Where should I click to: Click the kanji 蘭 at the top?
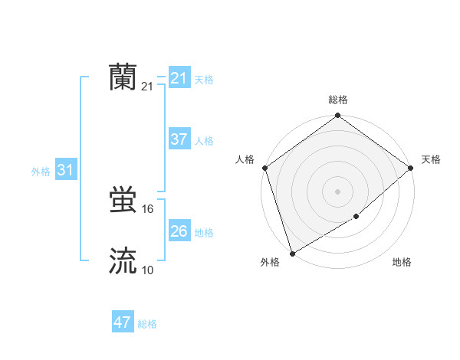pos(123,77)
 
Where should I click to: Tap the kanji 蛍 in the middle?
pos(123,201)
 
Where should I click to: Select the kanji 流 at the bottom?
pos(123,261)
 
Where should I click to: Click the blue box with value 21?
pos(179,78)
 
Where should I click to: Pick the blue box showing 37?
pos(179,139)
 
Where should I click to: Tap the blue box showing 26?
pos(179,231)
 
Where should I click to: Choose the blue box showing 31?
pos(65,170)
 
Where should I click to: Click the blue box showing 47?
pos(123,322)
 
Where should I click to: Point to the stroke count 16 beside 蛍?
pos(148,209)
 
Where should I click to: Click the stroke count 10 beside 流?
pos(148,270)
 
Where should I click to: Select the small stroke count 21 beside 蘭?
pos(147,87)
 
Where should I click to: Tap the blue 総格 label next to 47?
pos(147,324)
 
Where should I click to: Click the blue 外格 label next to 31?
pos(41,172)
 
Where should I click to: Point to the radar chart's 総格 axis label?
pos(338,100)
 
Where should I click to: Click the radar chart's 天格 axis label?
pos(431,159)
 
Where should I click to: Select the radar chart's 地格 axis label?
pos(402,263)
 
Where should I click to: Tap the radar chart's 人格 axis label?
pos(245,159)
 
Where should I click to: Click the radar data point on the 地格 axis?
pos(356,217)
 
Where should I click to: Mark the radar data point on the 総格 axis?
pos(338,116)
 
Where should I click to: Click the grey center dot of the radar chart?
pos(338,191)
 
